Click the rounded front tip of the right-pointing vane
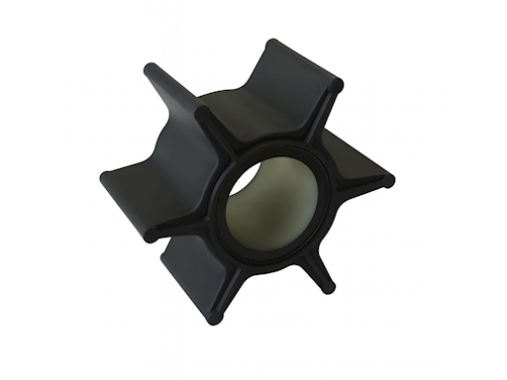tap(388, 181)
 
